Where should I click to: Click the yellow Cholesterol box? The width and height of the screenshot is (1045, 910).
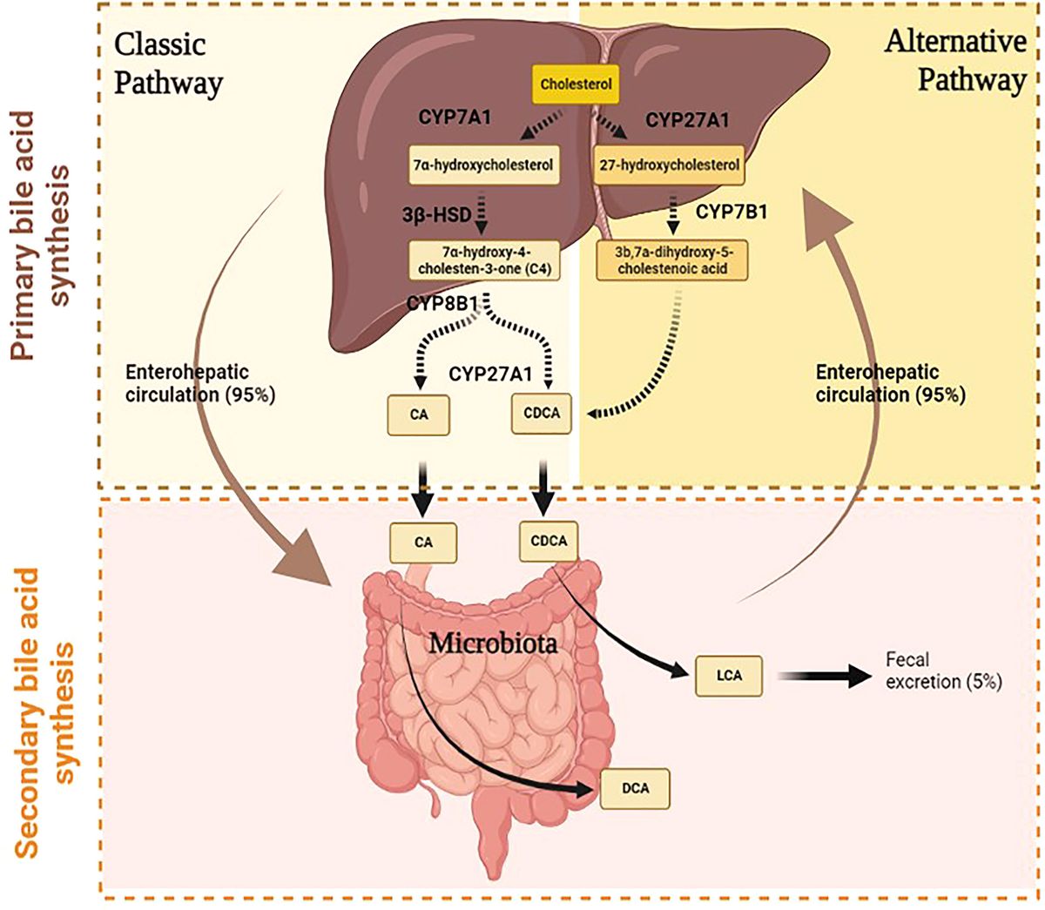576,84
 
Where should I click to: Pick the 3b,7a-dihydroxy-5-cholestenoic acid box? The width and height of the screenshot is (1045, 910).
672,260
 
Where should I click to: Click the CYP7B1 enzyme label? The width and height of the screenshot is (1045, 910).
731,212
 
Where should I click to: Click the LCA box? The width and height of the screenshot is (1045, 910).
729,675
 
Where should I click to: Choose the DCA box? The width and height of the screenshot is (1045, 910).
636,789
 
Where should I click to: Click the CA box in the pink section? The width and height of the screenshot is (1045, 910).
423,542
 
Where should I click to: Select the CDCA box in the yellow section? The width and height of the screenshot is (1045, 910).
543,414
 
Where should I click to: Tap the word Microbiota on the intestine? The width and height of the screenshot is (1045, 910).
493,644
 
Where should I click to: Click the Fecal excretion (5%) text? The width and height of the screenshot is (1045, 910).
943,671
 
